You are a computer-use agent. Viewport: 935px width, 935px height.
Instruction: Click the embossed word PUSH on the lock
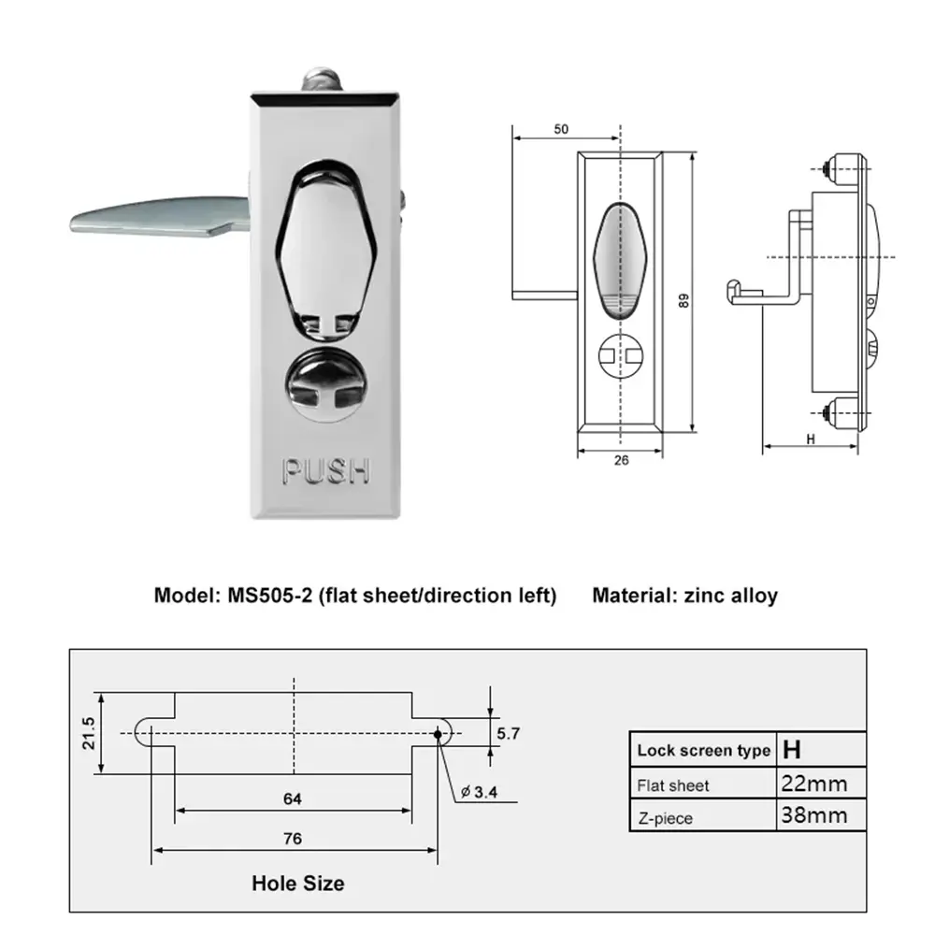326,471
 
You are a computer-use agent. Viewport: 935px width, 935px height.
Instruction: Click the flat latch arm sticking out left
150,216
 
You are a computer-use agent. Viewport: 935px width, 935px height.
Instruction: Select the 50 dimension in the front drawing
561,130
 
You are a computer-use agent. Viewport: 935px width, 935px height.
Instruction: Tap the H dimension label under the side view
810,438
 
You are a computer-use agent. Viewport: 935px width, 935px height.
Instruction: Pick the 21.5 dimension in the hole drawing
89,733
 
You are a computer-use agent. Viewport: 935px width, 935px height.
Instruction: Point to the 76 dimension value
293,839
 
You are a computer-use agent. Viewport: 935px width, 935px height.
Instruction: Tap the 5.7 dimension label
509,734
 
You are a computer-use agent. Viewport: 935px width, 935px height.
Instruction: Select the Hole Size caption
297,883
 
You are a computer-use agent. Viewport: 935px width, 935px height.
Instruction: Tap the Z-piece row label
665,818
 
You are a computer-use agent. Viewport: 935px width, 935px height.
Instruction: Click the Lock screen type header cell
703,750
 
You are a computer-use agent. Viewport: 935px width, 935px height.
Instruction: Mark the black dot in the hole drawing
437,734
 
